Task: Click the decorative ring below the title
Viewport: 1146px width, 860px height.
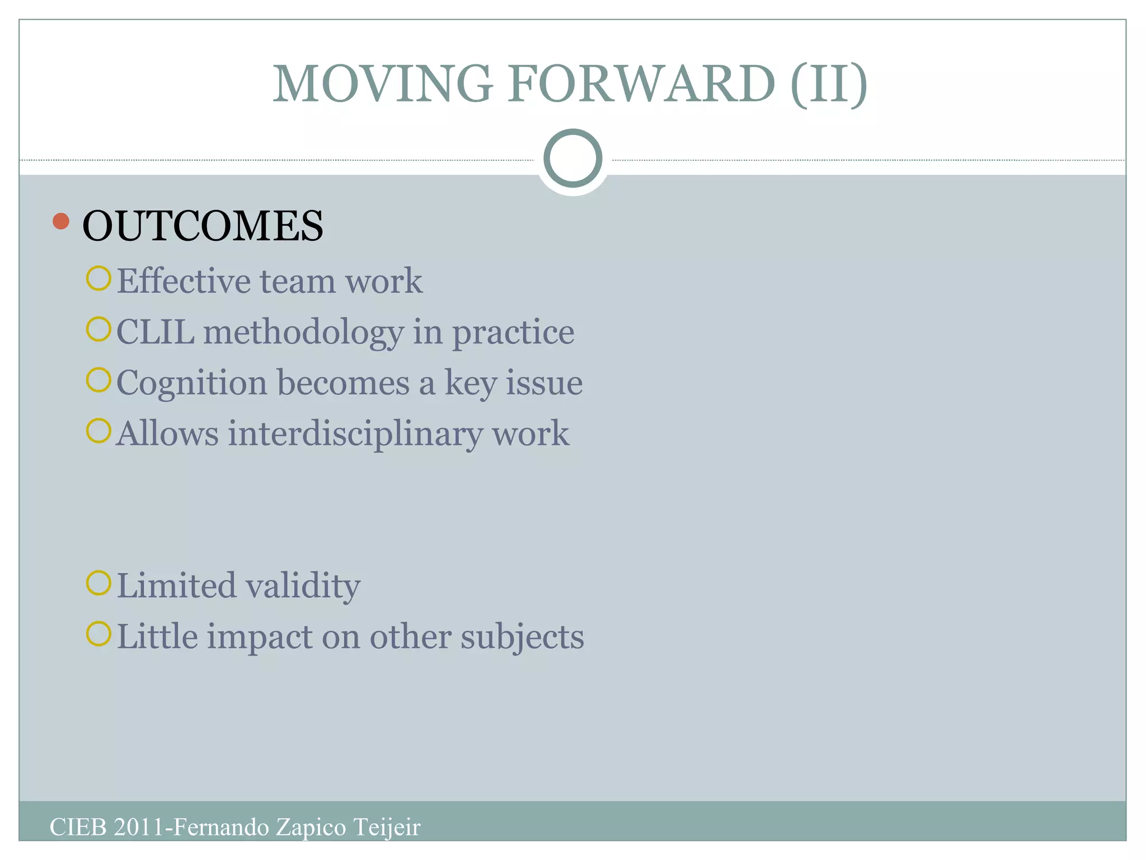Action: coord(572,158)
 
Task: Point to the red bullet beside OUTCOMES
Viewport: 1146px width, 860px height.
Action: coord(61,221)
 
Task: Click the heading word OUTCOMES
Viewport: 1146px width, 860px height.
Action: coord(203,226)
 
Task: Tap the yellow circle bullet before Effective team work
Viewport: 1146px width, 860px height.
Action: coord(98,278)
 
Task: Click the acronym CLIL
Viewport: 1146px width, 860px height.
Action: coord(156,331)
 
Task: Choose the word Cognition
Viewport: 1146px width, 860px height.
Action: coord(192,384)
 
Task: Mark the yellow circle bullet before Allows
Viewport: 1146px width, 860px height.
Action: coord(98,431)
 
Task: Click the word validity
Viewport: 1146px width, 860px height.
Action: coord(303,586)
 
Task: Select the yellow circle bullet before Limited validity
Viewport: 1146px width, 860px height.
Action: coord(98,583)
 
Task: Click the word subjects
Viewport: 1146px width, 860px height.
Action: coord(522,637)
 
